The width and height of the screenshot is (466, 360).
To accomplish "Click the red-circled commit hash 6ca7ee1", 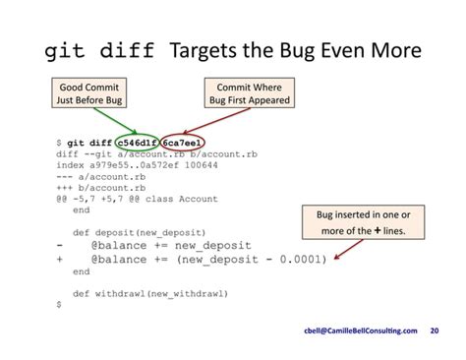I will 185,145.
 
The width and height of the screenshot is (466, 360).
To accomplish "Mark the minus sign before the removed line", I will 60,245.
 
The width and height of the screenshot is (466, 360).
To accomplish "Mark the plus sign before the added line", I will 60,261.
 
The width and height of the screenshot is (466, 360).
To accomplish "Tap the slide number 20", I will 435,331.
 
